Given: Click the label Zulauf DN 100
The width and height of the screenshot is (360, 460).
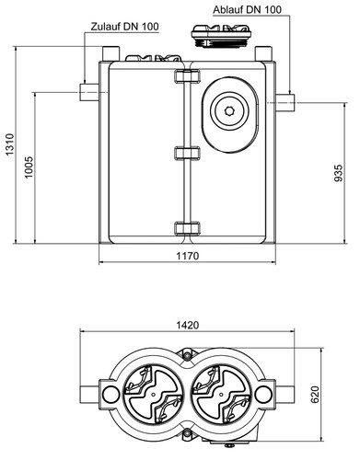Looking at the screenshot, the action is [x=125, y=27].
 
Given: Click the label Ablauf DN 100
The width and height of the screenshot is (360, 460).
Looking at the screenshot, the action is [x=247, y=9].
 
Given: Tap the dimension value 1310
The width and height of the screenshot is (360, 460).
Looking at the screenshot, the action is [x=9, y=144].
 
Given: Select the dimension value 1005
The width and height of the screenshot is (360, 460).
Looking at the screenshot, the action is [x=28, y=167].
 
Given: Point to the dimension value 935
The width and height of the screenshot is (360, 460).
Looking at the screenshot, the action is [x=338, y=173].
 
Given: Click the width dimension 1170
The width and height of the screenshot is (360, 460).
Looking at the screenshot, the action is [x=188, y=256].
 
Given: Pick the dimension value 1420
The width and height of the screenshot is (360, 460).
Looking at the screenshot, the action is [x=188, y=325].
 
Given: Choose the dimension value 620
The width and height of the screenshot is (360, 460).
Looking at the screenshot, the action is [x=315, y=395].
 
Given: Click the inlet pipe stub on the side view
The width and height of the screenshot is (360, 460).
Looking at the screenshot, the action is [x=89, y=92].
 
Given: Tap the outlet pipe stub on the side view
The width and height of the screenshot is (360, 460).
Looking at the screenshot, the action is [x=285, y=103].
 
